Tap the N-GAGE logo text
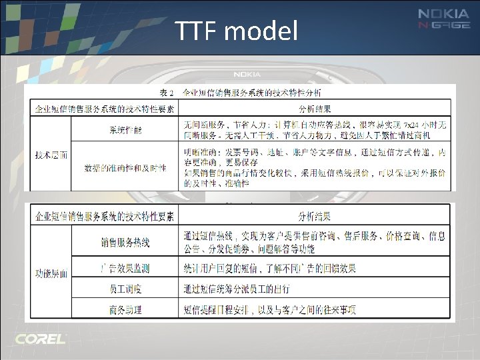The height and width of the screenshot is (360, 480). (x=444, y=26)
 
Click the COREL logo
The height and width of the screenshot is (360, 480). (x=41, y=339)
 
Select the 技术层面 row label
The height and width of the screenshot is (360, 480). (x=51, y=154)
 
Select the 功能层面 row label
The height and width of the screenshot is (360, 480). (x=51, y=274)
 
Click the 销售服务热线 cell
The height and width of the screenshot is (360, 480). (x=125, y=243)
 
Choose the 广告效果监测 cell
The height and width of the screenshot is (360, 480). (x=125, y=268)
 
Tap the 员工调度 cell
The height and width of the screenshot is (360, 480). (x=125, y=289)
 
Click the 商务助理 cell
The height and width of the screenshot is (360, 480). (x=125, y=309)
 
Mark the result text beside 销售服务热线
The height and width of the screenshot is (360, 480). (x=313, y=243)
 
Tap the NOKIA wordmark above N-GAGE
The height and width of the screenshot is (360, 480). (x=444, y=13)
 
